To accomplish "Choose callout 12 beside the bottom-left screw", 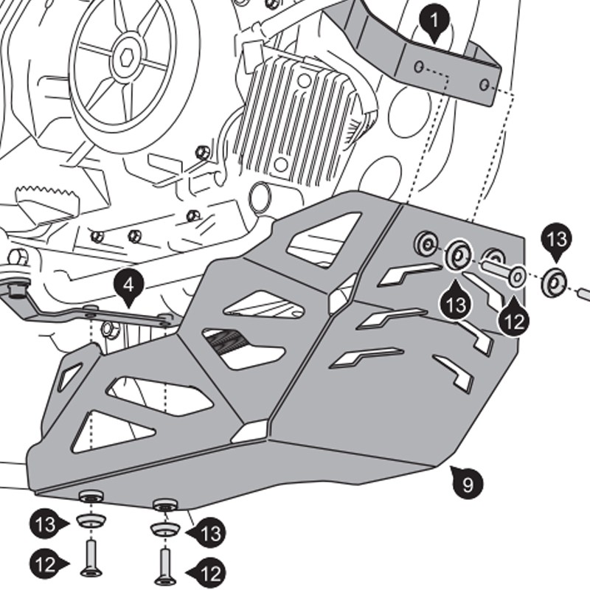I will coord(46,564).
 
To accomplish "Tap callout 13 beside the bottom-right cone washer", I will coord(210,532).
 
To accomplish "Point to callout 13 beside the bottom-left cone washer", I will coord(46,524).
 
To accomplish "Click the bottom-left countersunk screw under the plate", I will coord(91,554).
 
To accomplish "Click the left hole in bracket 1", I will coord(419,68).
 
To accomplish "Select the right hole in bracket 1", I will coord(483,85).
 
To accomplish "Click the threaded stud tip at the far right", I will coord(583,293).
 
